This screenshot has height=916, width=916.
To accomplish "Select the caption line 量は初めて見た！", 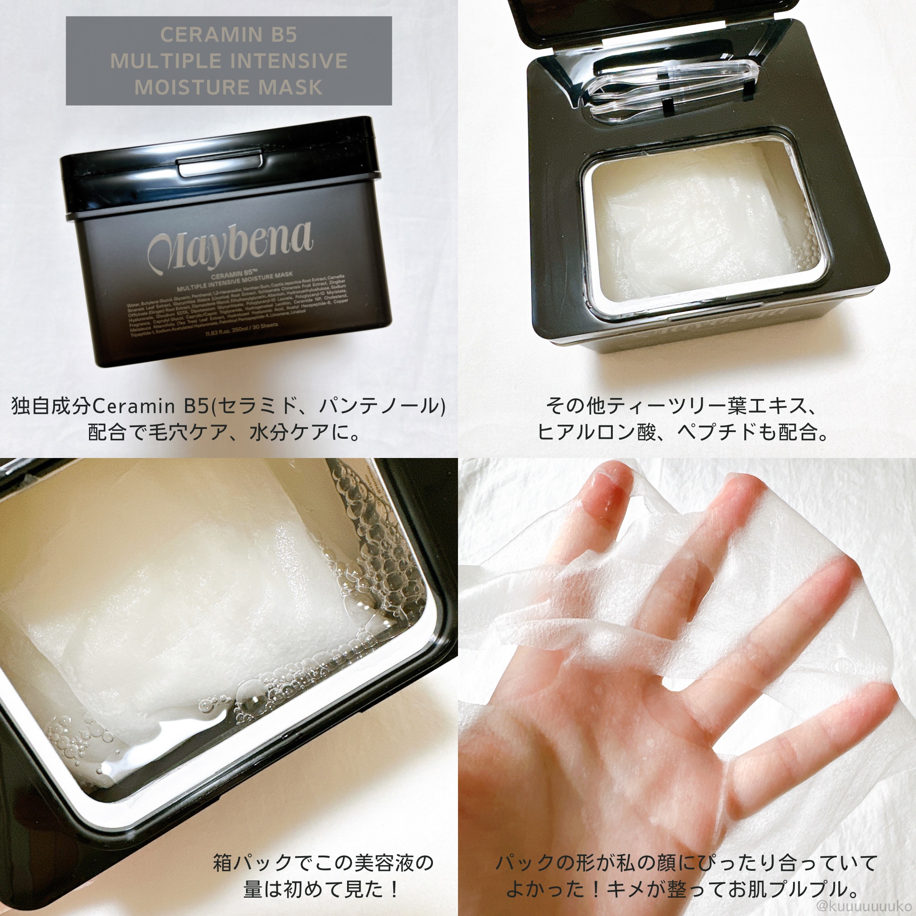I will [x=322, y=889].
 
